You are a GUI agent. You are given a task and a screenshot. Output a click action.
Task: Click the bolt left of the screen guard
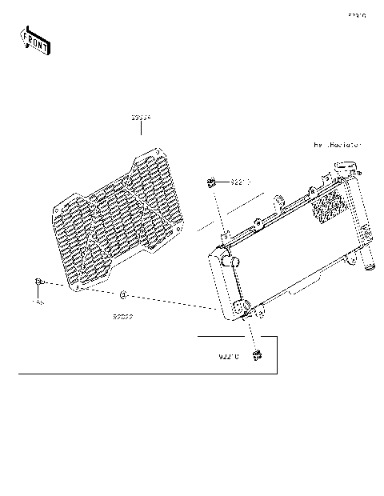click(x=38, y=282)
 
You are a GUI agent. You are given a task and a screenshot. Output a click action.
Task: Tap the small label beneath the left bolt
click(x=38, y=303)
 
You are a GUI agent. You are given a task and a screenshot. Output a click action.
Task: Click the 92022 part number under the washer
click(x=122, y=316)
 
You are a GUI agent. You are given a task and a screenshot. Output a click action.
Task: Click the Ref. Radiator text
click(x=337, y=146)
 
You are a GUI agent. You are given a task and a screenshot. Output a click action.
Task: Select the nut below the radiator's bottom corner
click(x=258, y=354)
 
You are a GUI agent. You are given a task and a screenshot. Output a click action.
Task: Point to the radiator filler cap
click(x=346, y=169)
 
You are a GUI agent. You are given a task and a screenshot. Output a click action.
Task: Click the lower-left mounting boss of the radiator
click(x=240, y=309)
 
